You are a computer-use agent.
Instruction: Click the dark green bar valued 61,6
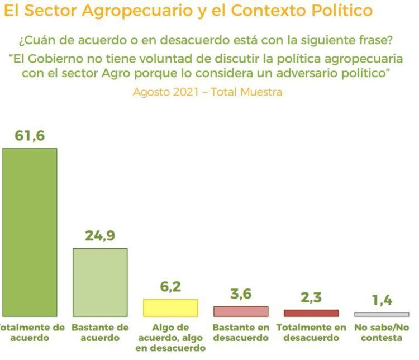(x=30, y=232)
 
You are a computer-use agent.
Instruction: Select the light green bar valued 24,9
(x=100, y=282)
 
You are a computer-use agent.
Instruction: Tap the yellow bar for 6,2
(x=170, y=308)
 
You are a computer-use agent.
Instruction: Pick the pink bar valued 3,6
(x=241, y=311)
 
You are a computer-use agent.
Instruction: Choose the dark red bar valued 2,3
(x=311, y=313)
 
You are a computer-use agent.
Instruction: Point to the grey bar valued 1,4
(x=382, y=315)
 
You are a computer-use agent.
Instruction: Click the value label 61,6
(x=29, y=136)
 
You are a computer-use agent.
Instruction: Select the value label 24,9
(x=100, y=236)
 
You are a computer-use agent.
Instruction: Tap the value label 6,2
(x=170, y=287)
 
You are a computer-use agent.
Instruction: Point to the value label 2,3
(x=311, y=297)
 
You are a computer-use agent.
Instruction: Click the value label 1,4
(x=382, y=301)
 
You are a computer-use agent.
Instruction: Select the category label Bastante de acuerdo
(x=100, y=333)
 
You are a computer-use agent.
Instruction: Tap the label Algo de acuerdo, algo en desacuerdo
(x=170, y=338)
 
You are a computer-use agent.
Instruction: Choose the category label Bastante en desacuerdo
(x=241, y=333)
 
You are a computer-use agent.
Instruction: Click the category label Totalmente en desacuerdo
(x=311, y=333)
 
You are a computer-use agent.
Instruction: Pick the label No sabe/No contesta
(x=382, y=333)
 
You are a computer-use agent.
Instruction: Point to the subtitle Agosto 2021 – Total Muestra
(x=207, y=92)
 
